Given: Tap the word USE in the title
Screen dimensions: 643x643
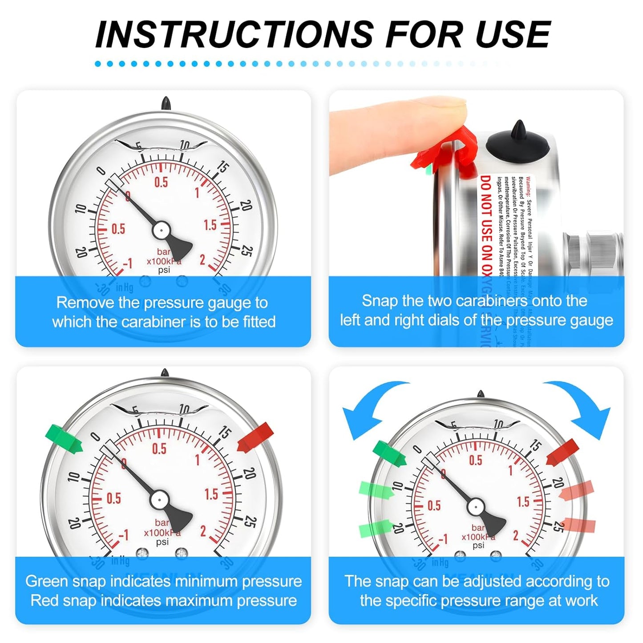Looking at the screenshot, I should [513, 34].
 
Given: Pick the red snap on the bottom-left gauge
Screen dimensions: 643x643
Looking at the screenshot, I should [255, 436].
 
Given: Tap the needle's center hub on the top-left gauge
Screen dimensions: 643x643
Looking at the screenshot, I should [161, 231].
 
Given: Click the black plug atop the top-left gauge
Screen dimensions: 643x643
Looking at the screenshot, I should [166, 104].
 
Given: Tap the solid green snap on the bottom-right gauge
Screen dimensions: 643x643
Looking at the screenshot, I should [389, 453].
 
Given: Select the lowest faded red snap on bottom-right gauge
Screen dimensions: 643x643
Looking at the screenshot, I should [578, 525].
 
